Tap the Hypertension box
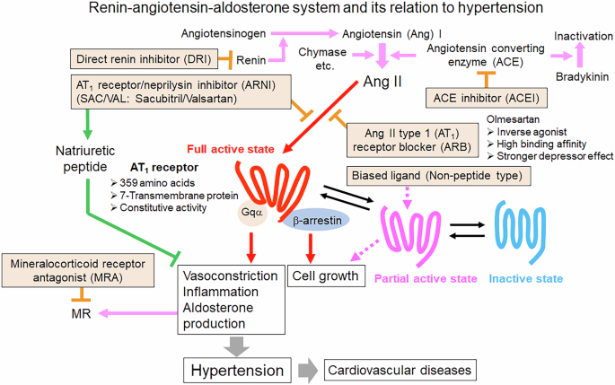point(239,369)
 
